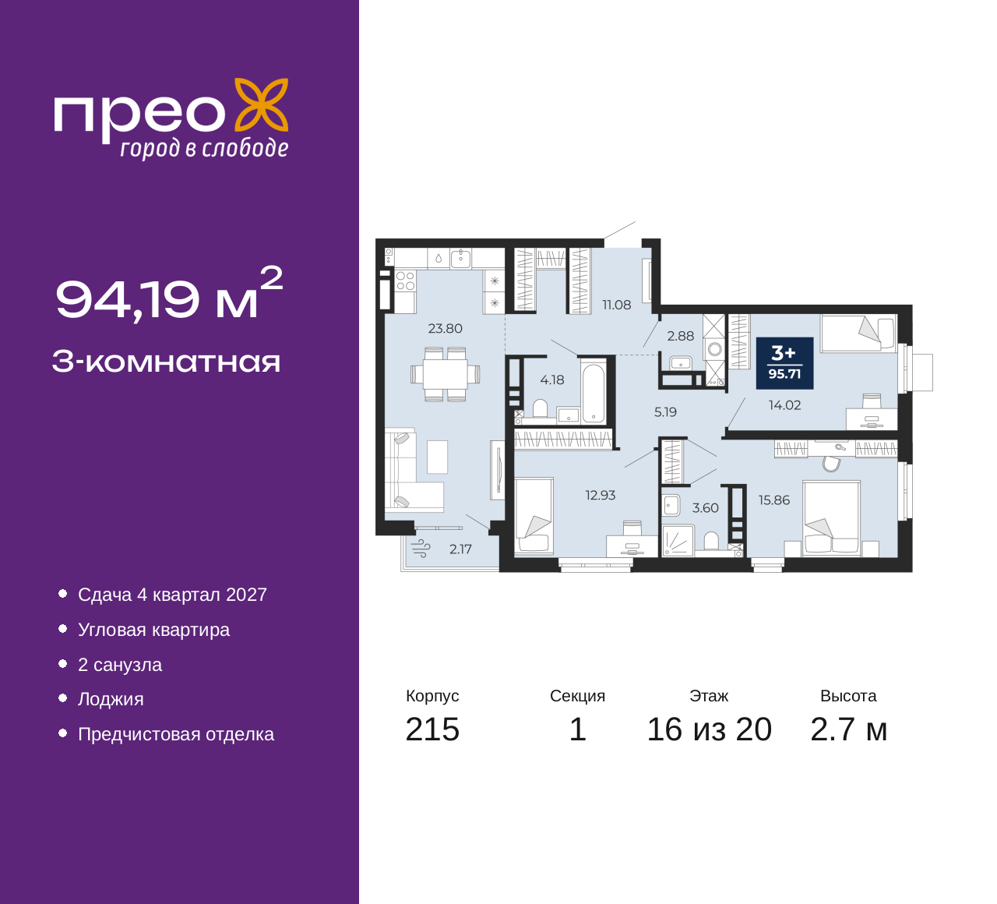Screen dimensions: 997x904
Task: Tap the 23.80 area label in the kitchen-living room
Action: click(446, 328)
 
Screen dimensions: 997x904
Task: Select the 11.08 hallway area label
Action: click(617, 305)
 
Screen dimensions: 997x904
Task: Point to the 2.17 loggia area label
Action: click(460, 549)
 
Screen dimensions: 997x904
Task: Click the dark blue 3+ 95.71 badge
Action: click(785, 363)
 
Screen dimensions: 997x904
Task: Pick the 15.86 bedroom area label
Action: click(773, 500)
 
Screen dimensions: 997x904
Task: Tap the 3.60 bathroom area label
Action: click(705, 507)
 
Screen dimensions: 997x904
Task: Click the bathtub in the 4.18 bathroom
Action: click(594, 393)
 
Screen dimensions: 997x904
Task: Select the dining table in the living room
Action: click(445, 374)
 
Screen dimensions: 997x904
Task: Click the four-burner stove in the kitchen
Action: click(405, 281)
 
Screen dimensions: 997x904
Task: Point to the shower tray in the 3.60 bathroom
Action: click(678, 541)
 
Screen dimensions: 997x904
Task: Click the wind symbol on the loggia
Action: click(421, 549)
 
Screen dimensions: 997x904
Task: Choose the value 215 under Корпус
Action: click(432, 729)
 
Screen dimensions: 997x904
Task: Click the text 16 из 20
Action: click(710, 729)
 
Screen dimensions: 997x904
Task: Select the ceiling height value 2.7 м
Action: click(848, 729)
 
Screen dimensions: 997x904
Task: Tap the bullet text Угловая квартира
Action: click(154, 630)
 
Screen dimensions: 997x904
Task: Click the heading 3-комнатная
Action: click(167, 362)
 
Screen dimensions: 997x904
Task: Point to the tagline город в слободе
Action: click(204, 148)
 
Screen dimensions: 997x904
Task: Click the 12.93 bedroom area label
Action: click(601, 495)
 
